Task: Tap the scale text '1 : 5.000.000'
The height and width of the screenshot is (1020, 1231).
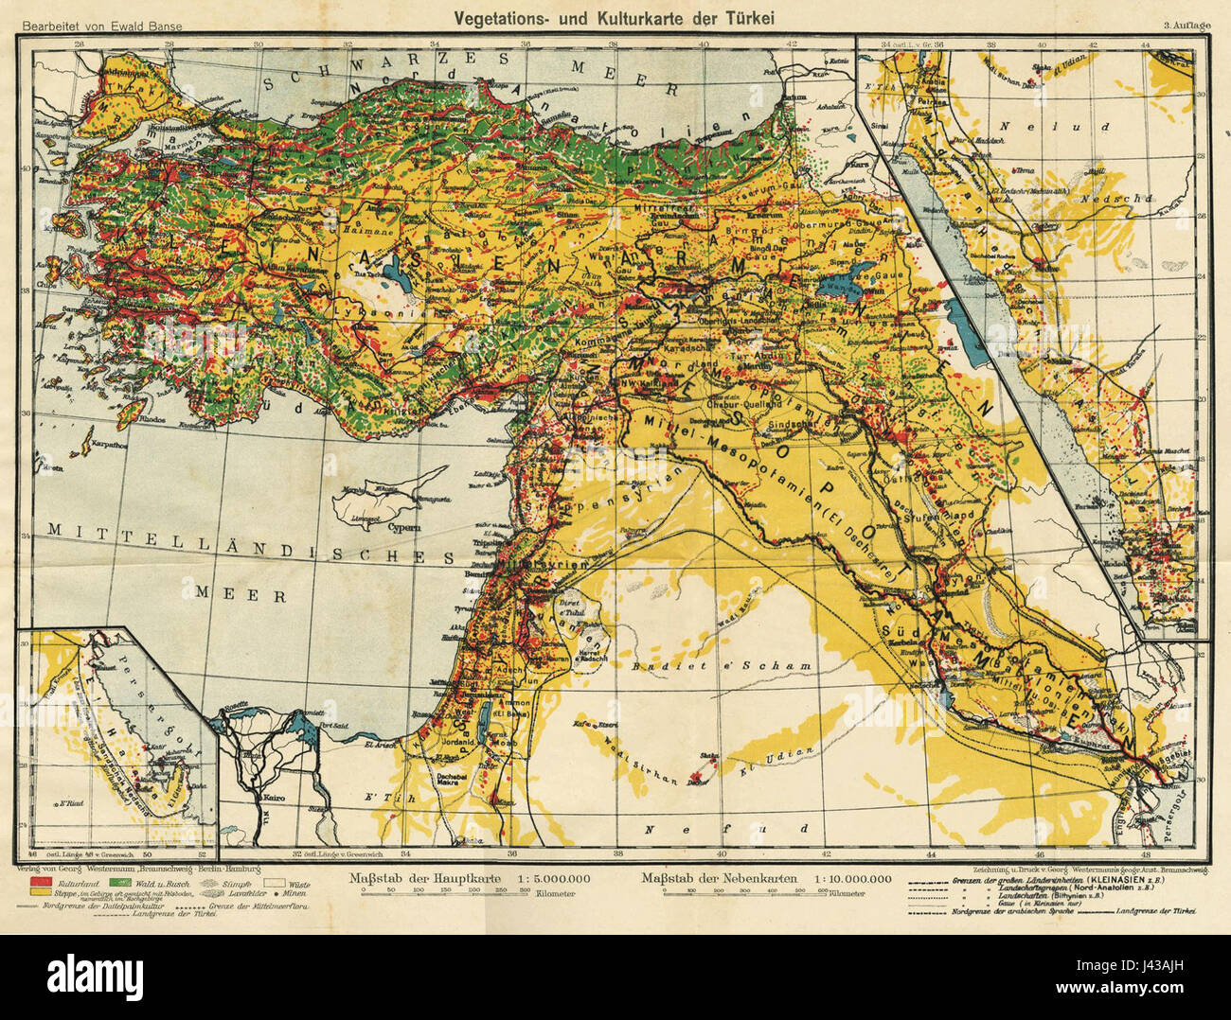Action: click(555, 878)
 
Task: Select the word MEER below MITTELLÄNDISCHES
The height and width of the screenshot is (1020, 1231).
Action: click(241, 594)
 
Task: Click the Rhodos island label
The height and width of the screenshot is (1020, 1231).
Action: click(127, 417)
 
